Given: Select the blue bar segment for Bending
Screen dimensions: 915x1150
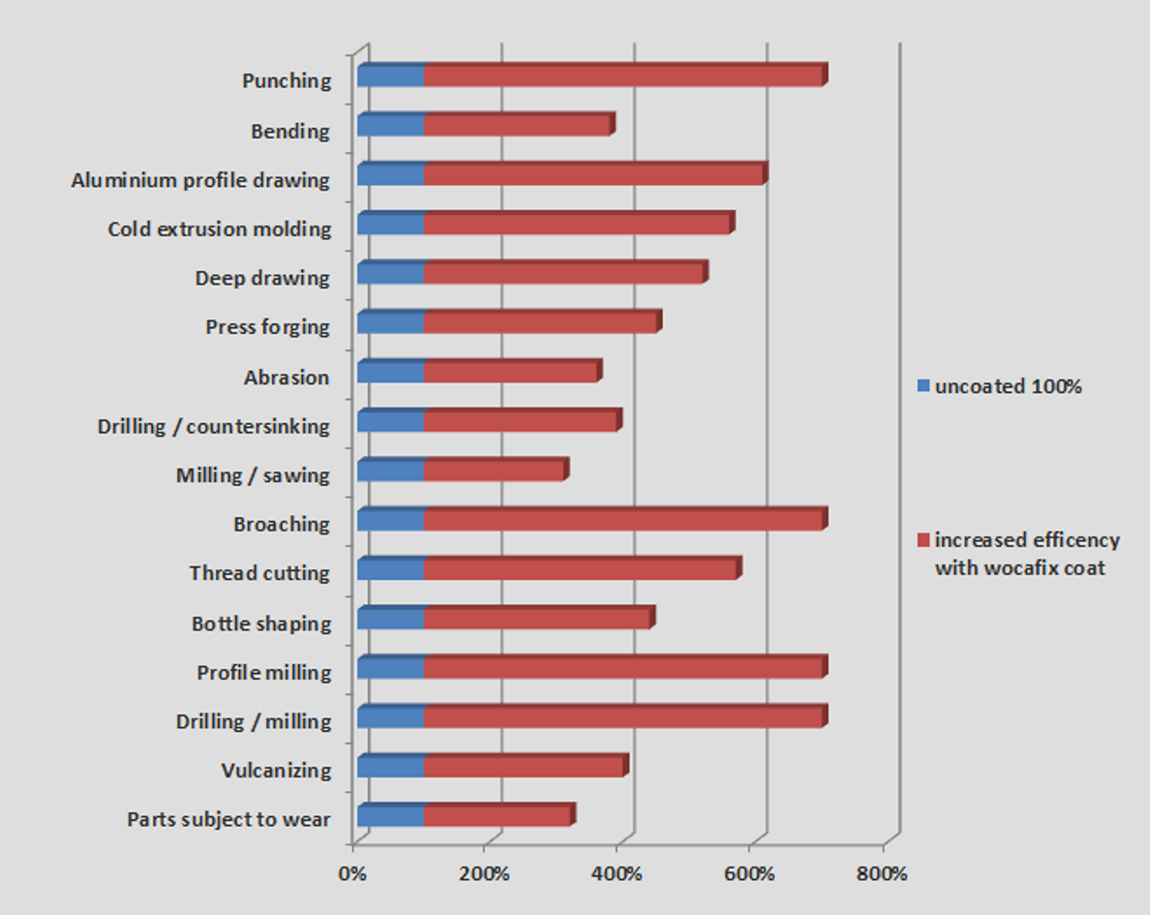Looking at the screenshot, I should click(x=390, y=125).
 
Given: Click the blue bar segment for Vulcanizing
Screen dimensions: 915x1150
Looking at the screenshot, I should click(x=390, y=767).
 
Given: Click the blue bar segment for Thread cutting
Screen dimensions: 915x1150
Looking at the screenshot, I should click(x=390, y=569).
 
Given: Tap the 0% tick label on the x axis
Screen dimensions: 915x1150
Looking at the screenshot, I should click(x=351, y=874).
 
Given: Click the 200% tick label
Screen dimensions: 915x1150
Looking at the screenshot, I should click(x=484, y=874).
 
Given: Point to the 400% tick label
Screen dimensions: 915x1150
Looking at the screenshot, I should click(x=618, y=874).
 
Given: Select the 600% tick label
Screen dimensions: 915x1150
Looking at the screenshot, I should click(x=749, y=874).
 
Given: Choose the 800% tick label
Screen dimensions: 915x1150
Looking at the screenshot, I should click(x=882, y=874).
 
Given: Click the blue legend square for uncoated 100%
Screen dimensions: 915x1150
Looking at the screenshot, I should click(x=923, y=386).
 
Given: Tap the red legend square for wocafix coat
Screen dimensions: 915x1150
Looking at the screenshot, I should click(x=923, y=539).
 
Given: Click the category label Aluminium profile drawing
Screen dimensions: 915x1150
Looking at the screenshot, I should click(x=200, y=180).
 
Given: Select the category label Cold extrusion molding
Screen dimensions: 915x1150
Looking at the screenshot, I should click(x=220, y=229).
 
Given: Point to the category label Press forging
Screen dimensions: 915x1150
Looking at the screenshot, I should click(x=267, y=327).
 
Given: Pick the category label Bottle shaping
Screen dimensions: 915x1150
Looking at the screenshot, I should click(x=261, y=624).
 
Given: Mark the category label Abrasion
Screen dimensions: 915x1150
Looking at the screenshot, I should click(x=287, y=378).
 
